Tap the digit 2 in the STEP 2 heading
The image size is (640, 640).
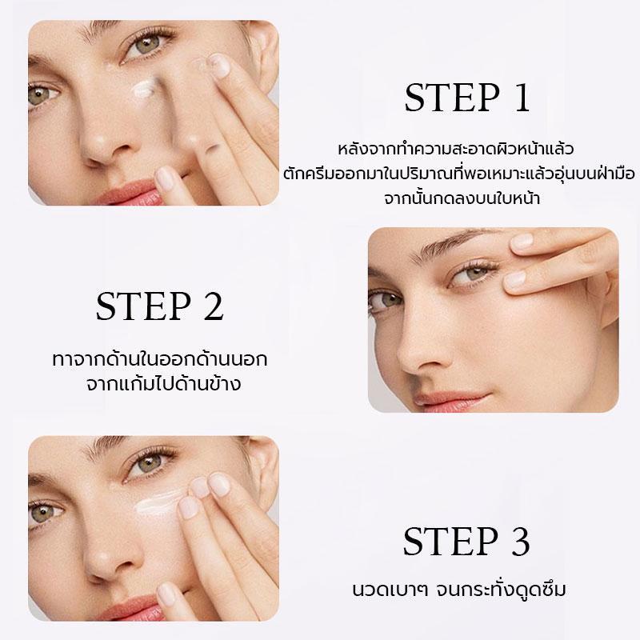214,306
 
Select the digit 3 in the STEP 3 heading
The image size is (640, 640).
520,542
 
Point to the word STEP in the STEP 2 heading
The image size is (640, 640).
143,306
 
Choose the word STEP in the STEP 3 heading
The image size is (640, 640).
450,542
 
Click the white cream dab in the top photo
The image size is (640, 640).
144,88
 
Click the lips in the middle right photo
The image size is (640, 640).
451,401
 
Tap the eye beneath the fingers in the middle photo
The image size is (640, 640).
475,274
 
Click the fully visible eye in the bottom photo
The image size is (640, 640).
149,463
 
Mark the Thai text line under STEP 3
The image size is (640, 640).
458,590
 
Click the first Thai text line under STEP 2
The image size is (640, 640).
160,359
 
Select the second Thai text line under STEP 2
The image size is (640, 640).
163,384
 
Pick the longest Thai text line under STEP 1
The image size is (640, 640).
458,174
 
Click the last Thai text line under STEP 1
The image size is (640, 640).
462,198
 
